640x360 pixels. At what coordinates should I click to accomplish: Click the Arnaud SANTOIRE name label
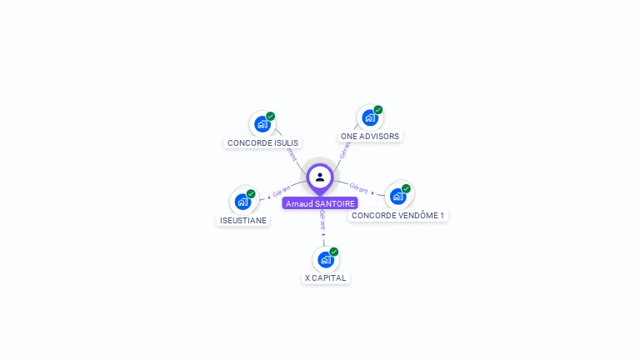(x=320, y=203)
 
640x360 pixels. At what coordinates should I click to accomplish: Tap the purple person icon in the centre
(x=320, y=177)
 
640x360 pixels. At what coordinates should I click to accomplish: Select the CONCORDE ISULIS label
(x=262, y=142)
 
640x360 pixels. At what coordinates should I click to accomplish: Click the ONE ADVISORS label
(x=370, y=136)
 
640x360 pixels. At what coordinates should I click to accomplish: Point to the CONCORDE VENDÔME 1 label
(x=397, y=215)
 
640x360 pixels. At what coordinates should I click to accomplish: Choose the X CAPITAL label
(x=326, y=277)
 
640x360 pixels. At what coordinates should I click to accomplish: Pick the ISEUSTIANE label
(x=243, y=220)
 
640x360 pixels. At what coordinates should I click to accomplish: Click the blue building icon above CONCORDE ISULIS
(x=262, y=125)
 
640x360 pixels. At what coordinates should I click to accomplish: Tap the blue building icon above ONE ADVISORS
(x=369, y=117)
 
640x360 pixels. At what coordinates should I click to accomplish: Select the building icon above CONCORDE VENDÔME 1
(x=397, y=197)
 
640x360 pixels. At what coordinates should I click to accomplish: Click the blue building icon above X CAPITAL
(x=325, y=259)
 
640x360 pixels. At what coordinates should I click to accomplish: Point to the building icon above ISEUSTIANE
(x=242, y=202)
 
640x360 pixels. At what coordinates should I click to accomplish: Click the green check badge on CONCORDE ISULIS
(x=271, y=117)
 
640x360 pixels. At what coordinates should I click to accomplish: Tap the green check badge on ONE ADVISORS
(x=378, y=110)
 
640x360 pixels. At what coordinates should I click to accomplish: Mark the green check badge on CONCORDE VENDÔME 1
(x=406, y=188)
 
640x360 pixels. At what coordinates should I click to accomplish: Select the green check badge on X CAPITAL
(x=334, y=252)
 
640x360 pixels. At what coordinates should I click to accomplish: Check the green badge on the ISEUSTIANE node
(x=251, y=194)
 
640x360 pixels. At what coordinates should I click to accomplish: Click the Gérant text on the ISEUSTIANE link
(x=282, y=193)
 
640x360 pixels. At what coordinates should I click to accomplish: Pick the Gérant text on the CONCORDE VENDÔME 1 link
(x=358, y=188)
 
